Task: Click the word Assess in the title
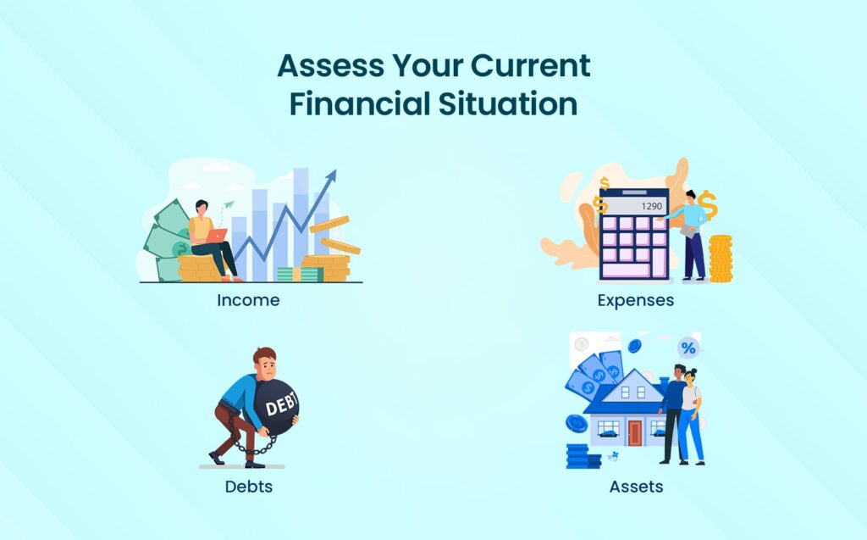(331, 65)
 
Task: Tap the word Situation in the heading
(508, 104)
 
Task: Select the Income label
(248, 300)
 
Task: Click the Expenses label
(636, 301)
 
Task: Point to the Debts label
(249, 487)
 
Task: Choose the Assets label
(637, 487)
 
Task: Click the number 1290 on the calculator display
(651, 207)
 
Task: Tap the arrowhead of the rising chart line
(331, 176)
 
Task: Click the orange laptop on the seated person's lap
(216, 236)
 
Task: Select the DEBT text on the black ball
(281, 404)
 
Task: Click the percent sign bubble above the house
(688, 348)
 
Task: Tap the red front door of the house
(635, 432)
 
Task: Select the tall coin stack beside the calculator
(721, 259)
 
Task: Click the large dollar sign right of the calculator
(708, 205)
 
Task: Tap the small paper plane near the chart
(229, 204)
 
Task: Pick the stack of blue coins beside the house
(583, 456)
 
